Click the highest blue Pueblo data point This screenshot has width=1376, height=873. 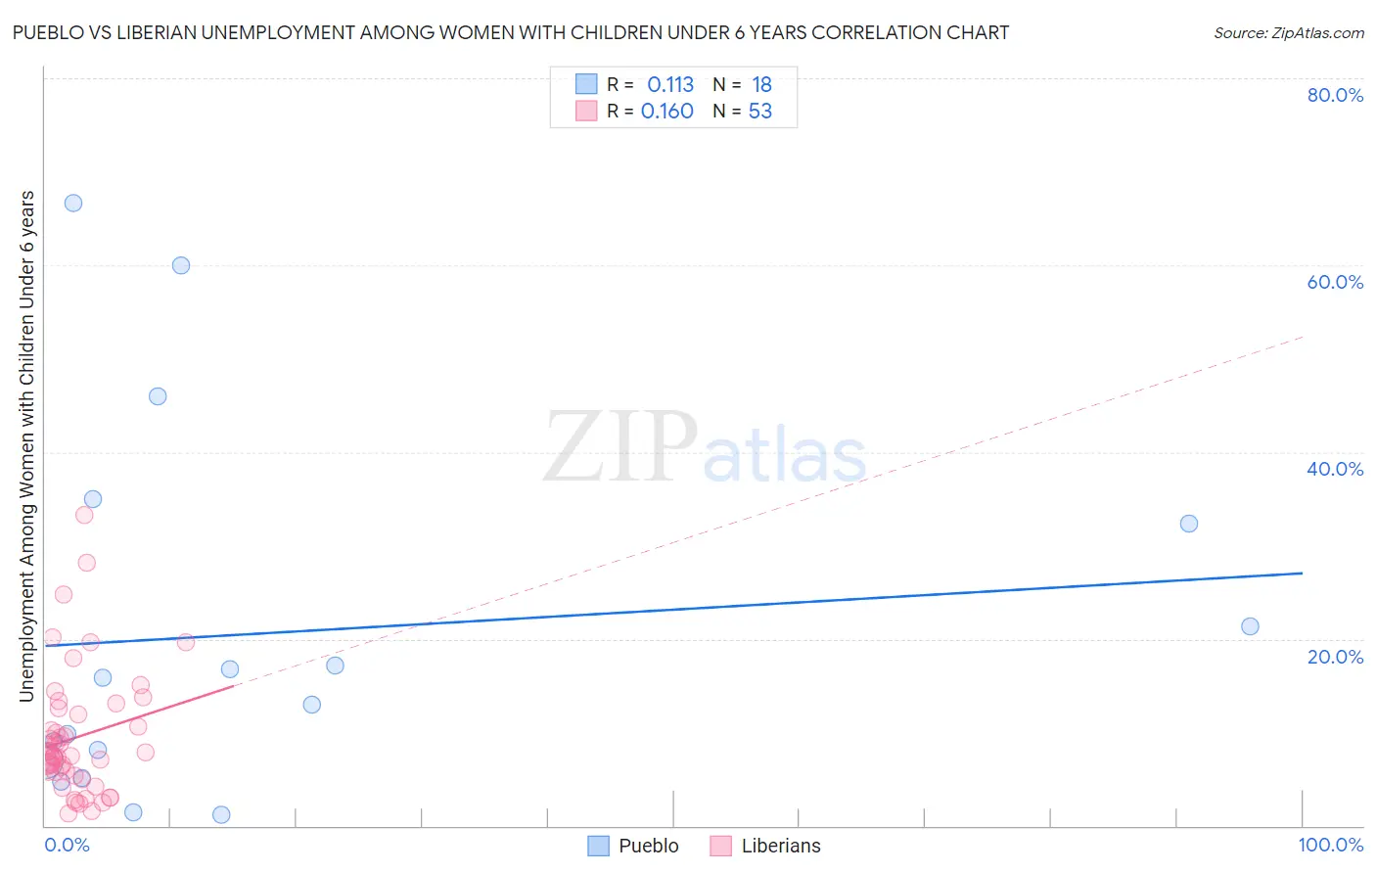[x=73, y=203]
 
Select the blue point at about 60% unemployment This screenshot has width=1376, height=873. [x=181, y=265]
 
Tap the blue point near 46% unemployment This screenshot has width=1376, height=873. [x=158, y=396]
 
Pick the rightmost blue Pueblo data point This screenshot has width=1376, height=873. [x=1250, y=626]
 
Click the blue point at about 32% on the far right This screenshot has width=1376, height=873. [x=1189, y=524]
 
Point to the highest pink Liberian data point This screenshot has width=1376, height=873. [x=84, y=515]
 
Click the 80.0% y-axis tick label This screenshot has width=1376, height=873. [x=1335, y=95]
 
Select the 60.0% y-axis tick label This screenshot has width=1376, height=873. [x=1335, y=282]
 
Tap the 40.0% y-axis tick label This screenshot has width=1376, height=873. [x=1335, y=469]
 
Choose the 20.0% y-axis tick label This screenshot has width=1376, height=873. [x=1335, y=657]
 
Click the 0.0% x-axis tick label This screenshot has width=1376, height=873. [x=68, y=845]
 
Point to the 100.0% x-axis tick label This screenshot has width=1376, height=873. [x=1330, y=845]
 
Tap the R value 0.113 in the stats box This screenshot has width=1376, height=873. [x=670, y=84]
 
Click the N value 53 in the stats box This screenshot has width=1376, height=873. [x=760, y=112]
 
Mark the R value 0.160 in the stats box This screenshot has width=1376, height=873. [x=667, y=112]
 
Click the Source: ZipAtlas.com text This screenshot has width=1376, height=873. [x=1288, y=33]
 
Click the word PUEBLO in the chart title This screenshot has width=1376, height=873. [x=50, y=32]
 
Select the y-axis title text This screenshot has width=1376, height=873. [x=27, y=445]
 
